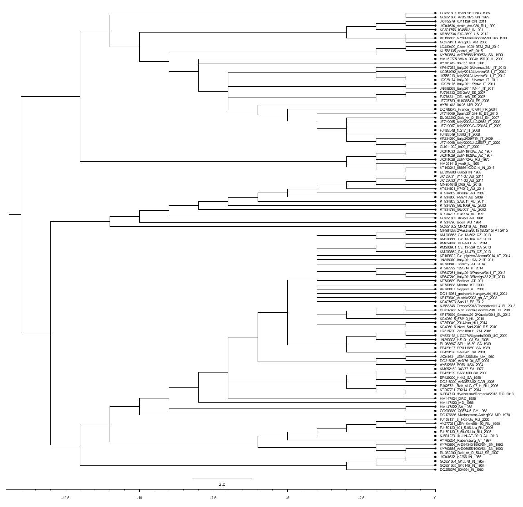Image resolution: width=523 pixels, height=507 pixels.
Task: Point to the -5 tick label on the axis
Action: pos(287,498)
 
